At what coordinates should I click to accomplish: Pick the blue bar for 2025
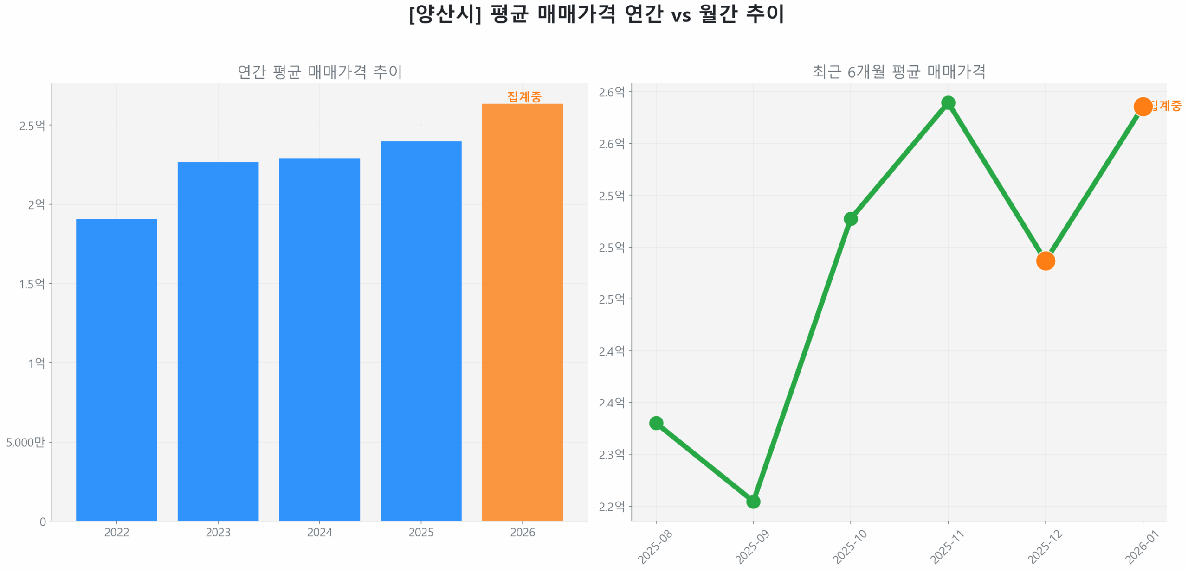pyautogui.click(x=420, y=331)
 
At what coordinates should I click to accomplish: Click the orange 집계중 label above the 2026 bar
pyautogui.click(x=524, y=96)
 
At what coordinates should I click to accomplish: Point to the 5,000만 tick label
pyautogui.click(x=26, y=442)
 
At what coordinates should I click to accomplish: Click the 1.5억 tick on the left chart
pyautogui.click(x=32, y=284)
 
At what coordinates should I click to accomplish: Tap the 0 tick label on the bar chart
pyautogui.click(x=43, y=522)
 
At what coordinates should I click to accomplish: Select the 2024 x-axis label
pyautogui.click(x=319, y=532)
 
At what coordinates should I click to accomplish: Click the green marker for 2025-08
pyautogui.click(x=656, y=423)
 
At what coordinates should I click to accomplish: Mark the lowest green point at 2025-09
pyautogui.click(x=753, y=502)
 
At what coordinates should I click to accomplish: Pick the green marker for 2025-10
pyautogui.click(x=850, y=219)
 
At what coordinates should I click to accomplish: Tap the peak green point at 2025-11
pyautogui.click(x=948, y=102)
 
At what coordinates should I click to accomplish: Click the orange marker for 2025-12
pyautogui.click(x=1045, y=261)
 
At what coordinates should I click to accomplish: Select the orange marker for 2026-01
pyautogui.click(x=1143, y=107)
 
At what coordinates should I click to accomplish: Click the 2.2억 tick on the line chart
pyautogui.click(x=611, y=507)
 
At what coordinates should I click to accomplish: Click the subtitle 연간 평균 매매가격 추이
pyautogui.click(x=319, y=72)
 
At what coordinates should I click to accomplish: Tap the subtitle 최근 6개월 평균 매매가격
pyautogui.click(x=899, y=72)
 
